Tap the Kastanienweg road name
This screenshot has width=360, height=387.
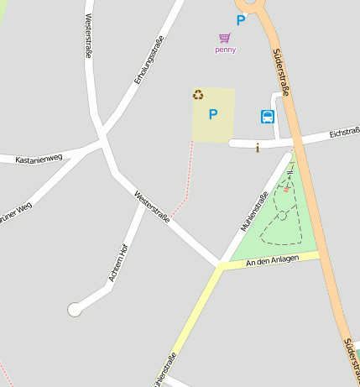coord(39,158)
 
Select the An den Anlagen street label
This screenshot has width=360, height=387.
coord(272,262)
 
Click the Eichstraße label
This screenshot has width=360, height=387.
coord(344,131)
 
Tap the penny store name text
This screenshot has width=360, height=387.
coord(225,50)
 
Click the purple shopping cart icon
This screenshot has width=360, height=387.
coord(224,38)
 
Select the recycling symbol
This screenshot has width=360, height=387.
coord(199,95)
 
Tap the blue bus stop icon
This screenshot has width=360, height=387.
coord(268,117)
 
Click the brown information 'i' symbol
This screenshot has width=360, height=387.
coord(257,149)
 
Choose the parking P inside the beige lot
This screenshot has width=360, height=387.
coord(213,114)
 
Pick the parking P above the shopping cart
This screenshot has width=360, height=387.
coord(241,20)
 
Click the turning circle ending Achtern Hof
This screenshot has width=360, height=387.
coord(75,310)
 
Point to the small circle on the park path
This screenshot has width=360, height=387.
coord(283,216)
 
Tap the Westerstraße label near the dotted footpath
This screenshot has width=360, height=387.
coord(152,207)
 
